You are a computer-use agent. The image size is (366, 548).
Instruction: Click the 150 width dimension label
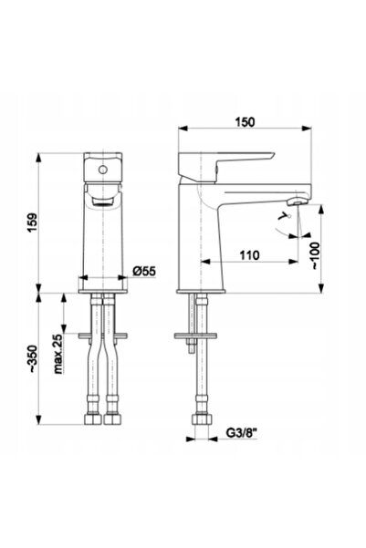(x=245, y=122)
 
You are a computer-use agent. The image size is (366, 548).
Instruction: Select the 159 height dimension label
(x=32, y=222)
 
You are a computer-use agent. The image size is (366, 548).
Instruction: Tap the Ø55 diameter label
(x=144, y=271)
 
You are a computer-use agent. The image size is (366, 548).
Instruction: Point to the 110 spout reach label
(x=249, y=255)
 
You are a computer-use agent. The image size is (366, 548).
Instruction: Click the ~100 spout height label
(x=316, y=255)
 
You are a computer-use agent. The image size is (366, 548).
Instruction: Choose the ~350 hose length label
(x=33, y=359)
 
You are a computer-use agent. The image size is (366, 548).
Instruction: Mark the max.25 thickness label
(x=58, y=354)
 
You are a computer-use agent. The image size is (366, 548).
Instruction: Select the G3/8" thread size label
(x=242, y=433)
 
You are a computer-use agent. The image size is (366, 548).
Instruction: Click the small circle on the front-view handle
(x=102, y=170)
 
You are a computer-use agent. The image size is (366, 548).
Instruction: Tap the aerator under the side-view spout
(x=297, y=202)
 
